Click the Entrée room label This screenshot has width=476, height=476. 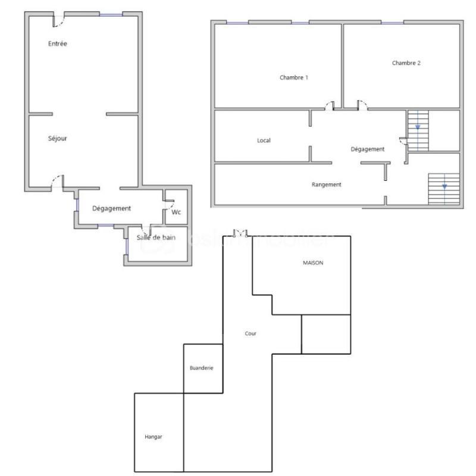[x=57, y=43]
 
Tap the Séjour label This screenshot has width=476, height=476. [x=58, y=139]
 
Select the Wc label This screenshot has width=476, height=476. [x=176, y=212]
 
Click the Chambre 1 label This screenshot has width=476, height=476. [x=294, y=77]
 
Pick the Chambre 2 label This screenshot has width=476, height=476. [x=406, y=63]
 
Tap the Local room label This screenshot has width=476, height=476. [x=264, y=140]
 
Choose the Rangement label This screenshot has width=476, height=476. [x=327, y=184]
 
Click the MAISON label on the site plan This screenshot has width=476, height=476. [x=313, y=262]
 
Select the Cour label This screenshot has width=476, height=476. [x=250, y=334]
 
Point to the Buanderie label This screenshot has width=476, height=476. [x=201, y=368]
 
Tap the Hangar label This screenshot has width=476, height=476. [x=154, y=437]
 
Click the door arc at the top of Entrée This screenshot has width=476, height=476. [x=58, y=21]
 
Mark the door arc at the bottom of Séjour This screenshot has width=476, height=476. [x=57, y=181]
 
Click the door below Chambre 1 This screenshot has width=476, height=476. [x=329, y=105]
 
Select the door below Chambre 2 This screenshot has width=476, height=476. [x=362, y=105]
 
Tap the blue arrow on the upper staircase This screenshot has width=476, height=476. [x=418, y=127]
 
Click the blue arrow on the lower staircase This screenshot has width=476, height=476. [x=444, y=186]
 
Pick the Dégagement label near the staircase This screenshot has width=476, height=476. [x=368, y=149]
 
